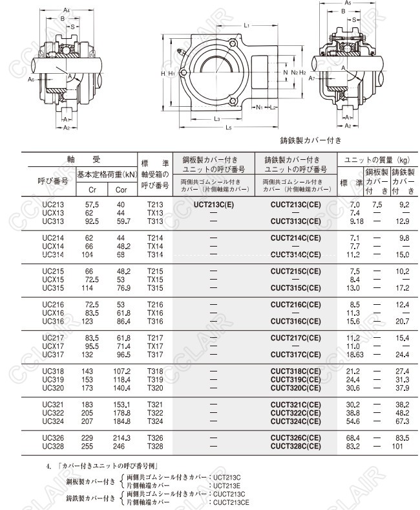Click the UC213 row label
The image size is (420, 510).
(53, 205)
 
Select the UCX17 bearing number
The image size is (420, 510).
(53, 346)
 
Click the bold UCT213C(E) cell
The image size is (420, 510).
(215, 205)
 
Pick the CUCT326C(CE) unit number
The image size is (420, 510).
(295, 438)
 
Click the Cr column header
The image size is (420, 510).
(91, 190)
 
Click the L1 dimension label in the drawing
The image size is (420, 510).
(247, 25)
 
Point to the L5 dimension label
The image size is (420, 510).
(229, 127)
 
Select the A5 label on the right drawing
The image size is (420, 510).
(347, 3)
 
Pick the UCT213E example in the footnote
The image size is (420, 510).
(227, 485)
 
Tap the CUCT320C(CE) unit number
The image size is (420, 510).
(295, 388)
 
